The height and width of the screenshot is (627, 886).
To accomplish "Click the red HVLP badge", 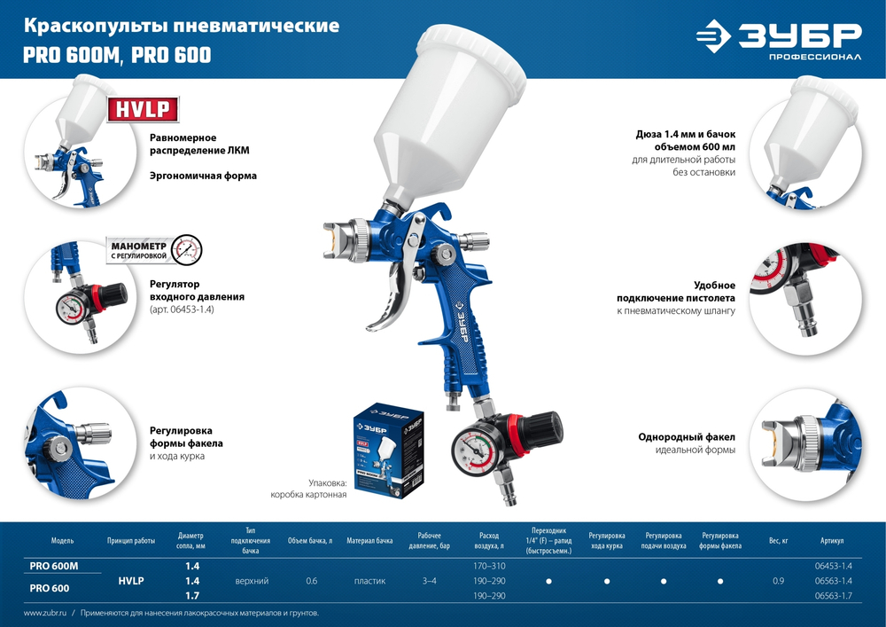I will [143, 109].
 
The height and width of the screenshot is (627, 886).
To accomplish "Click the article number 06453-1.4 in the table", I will [833, 566].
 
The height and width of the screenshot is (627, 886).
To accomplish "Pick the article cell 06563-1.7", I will [833, 596].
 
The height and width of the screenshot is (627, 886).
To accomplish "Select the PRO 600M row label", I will [54, 566].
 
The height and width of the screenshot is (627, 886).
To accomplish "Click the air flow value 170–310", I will [490, 566].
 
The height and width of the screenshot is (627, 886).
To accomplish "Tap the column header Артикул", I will [832, 540].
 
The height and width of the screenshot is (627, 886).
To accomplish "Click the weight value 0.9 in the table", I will [778, 581].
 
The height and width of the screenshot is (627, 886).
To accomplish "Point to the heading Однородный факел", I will [687, 436].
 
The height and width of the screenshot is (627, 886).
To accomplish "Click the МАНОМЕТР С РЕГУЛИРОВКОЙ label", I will [139, 249].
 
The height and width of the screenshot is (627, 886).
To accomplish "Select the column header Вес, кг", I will [779, 540].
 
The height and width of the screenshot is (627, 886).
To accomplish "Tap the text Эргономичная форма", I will [203, 176].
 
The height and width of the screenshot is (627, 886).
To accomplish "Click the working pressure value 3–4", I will [429, 581].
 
